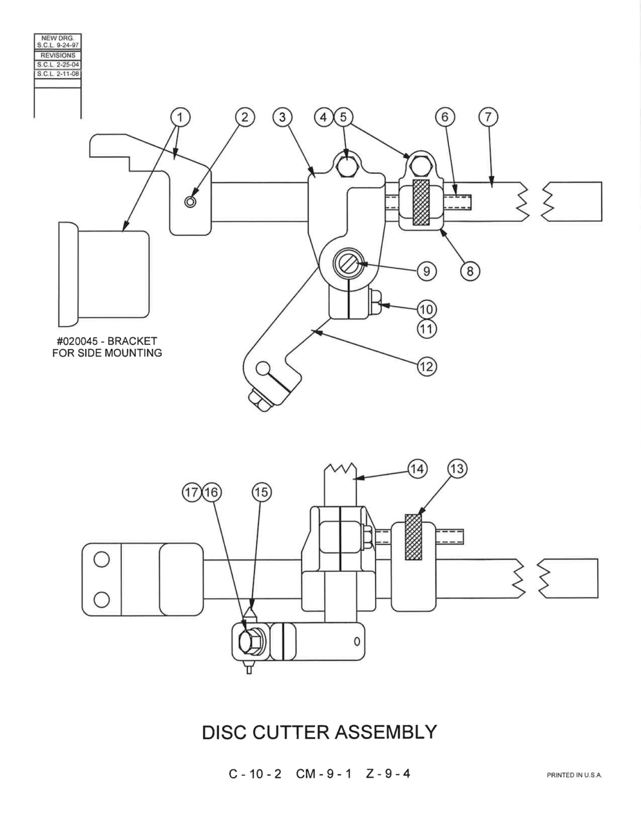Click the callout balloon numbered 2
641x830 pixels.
click(245, 117)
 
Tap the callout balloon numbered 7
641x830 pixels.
click(488, 117)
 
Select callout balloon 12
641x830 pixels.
click(426, 366)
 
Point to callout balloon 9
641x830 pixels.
click(426, 271)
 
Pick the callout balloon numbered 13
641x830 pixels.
click(457, 468)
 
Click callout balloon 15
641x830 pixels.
click(262, 492)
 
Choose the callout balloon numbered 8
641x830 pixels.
click(470, 271)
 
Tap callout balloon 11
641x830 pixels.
click(426, 328)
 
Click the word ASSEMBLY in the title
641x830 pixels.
click(386, 732)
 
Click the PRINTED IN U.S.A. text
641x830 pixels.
click(574, 775)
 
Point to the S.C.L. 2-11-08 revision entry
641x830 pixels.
click(58, 74)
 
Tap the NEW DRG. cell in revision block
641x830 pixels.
click(58, 38)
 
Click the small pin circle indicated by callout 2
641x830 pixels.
click(191, 201)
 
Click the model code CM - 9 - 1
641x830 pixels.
click(323, 773)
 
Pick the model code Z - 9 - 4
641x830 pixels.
click(388, 773)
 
